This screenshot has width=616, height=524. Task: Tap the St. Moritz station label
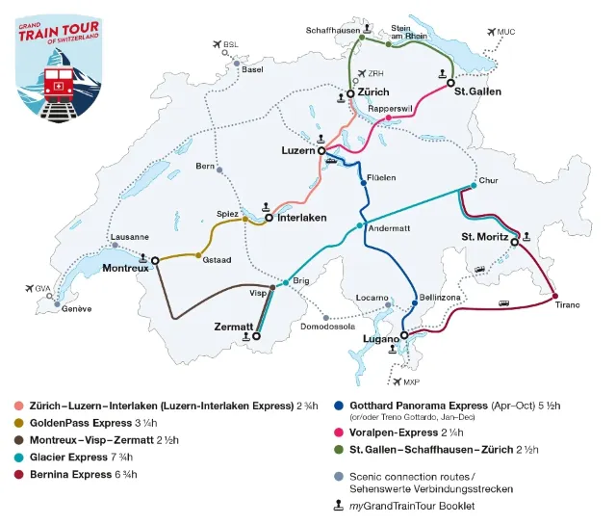484,236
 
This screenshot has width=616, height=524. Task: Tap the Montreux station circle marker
154,260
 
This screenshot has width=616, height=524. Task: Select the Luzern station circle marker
322,151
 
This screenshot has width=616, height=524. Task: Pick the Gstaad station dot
198,256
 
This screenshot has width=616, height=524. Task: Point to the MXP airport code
412,381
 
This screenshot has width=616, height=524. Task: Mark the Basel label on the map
253,69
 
